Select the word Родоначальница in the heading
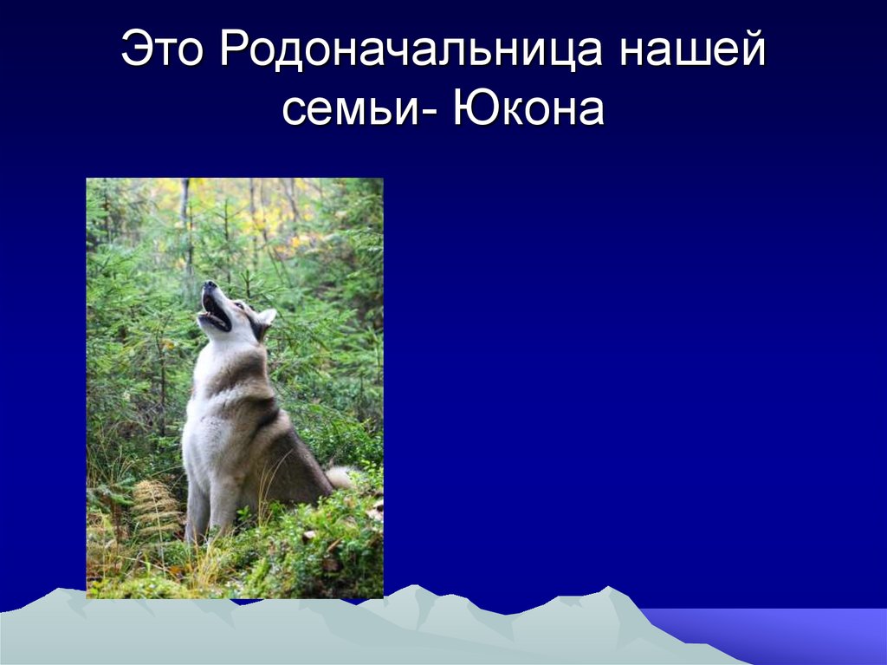pos(411,52)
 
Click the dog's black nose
pos(208,284)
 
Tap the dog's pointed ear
pos(266,318)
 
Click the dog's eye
pos(236,305)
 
